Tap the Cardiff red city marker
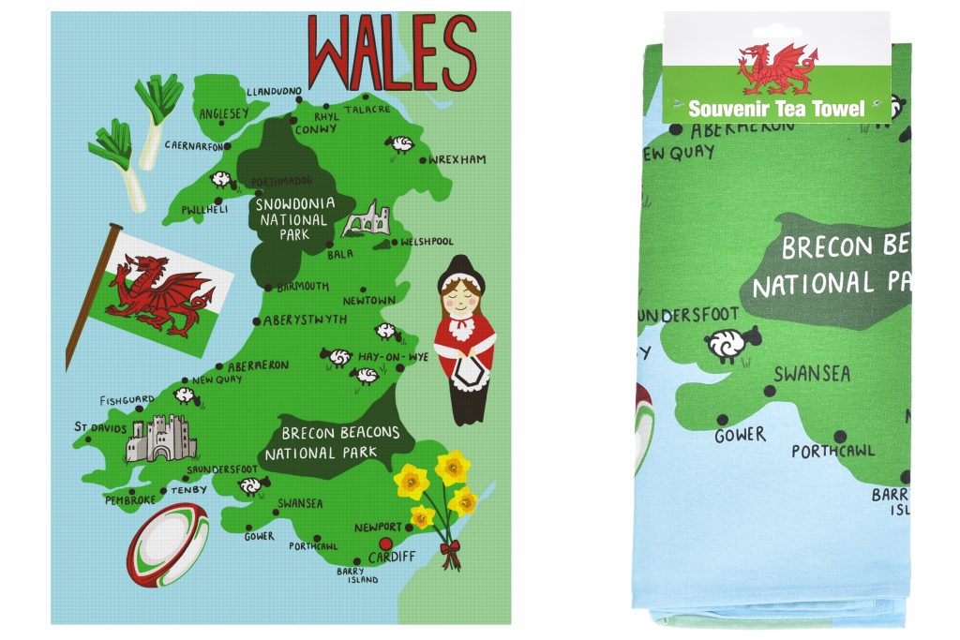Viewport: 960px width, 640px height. (x=383, y=544)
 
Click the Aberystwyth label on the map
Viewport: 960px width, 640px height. (x=305, y=320)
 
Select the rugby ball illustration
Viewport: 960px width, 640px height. (x=167, y=544)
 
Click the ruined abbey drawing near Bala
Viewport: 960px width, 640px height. (x=363, y=218)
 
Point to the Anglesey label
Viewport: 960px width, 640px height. (x=224, y=114)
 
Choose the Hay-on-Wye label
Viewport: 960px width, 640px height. (x=405, y=357)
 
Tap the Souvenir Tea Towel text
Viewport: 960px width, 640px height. (x=776, y=109)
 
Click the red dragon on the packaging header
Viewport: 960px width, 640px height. (x=777, y=68)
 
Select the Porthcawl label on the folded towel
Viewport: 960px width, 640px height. (x=832, y=452)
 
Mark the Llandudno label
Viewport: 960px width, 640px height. (x=274, y=92)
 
